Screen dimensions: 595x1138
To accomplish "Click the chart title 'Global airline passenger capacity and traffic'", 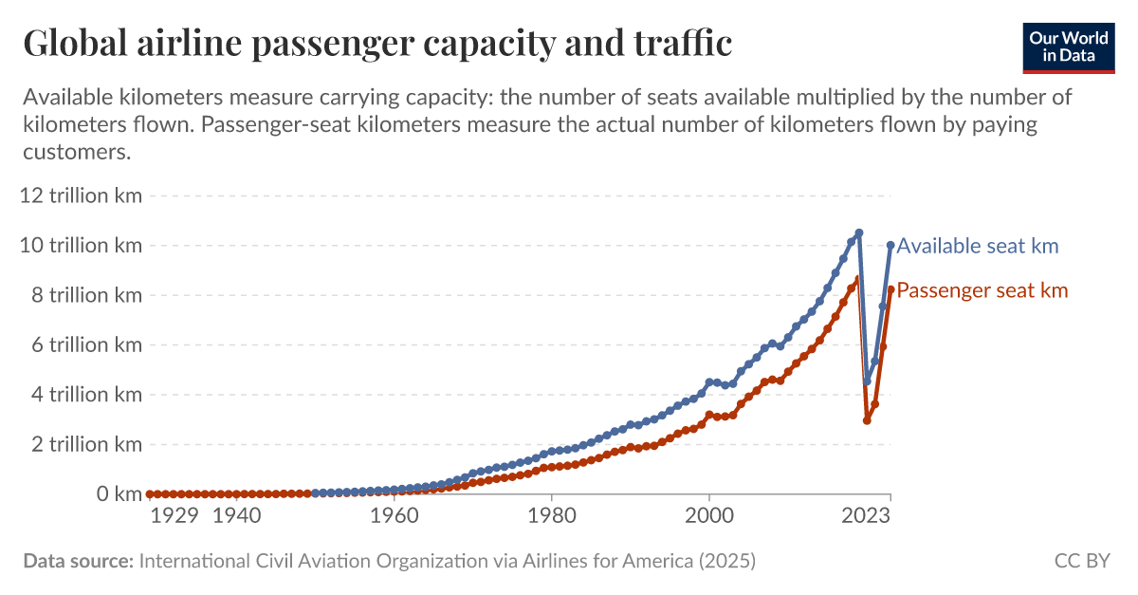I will tap(376, 43).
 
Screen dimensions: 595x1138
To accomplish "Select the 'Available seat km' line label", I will tap(978, 247).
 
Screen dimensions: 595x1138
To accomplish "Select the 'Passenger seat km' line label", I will tap(982, 290).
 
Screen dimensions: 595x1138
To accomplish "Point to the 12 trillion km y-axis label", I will tap(80, 195).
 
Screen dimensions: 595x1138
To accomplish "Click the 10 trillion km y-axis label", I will tap(80, 245).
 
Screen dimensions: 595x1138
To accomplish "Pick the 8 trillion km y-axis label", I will tap(84, 295).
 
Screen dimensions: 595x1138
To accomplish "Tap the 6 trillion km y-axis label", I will tap(84, 344).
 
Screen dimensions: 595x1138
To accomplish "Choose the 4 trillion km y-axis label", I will tap(84, 394).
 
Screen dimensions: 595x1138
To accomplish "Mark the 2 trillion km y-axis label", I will tap(84, 444).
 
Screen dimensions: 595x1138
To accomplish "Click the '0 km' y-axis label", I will tap(115, 493).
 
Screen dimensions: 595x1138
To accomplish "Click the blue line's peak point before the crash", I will tap(858, 232).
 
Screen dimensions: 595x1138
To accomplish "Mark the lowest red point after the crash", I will tap(867, 420).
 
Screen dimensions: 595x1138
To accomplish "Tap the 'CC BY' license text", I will tap(1081, 561).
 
